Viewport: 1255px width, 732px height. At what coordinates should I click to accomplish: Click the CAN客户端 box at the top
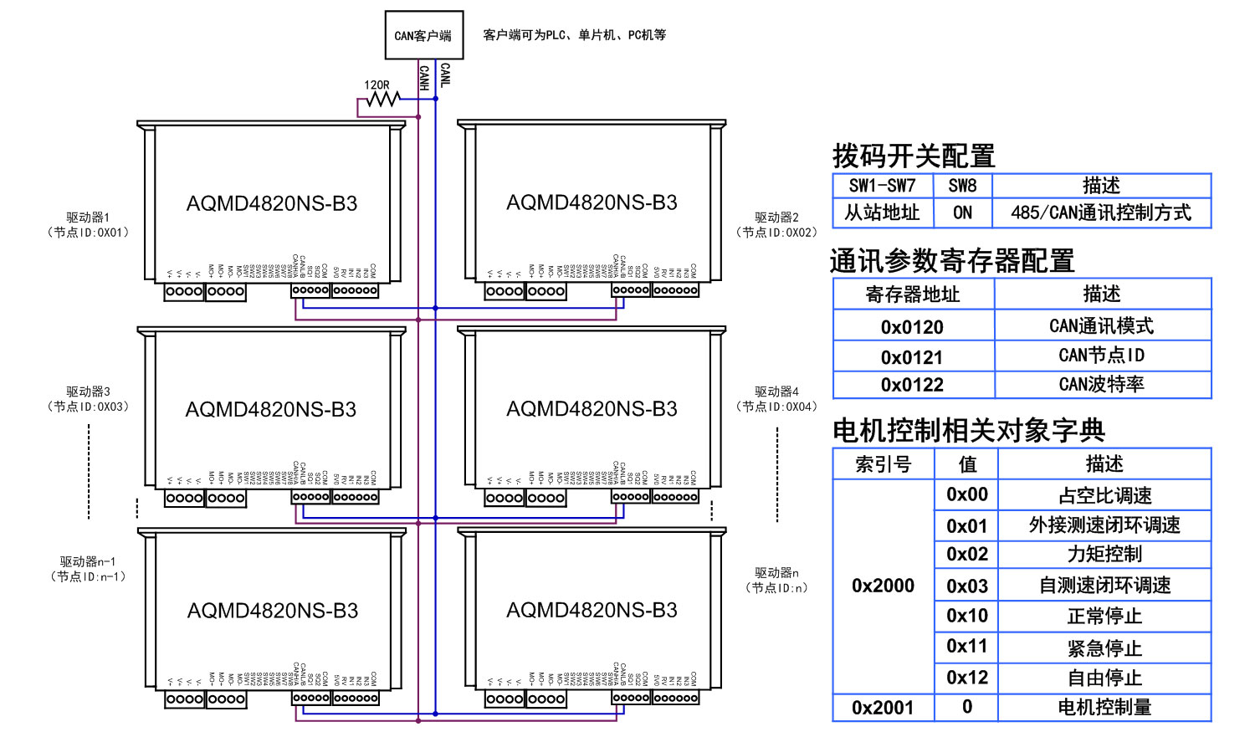[x=423, y=35]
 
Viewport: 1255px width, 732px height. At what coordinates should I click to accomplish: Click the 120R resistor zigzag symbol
[x=383, y=100]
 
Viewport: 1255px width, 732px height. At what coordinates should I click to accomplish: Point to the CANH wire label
[x=424, y=78]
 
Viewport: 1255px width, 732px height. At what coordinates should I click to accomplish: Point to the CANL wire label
[x=445, y=75]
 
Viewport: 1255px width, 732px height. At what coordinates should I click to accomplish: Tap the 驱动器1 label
[x=88, y=218]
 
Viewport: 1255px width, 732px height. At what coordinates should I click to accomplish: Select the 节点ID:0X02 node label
[x=776, y=233]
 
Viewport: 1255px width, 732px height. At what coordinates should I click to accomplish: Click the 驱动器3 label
[x=88, y=392]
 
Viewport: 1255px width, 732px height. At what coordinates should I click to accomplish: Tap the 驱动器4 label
[x=776, y=392]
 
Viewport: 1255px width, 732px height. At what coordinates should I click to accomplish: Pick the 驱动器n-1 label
[x=88, y=561]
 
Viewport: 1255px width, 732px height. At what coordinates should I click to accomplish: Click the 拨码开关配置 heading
[x=914, y=156]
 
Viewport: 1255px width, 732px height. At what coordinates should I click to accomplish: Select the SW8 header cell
[x=962, y=186]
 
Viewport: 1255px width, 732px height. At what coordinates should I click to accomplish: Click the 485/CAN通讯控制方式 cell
[x=1100, y=212]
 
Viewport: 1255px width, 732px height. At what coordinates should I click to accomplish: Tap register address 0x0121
[x=912, y=357]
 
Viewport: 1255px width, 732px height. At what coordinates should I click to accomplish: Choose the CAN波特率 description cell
[x=1101, y=384]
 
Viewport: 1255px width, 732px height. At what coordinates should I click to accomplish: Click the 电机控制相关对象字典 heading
[x=969, y=430]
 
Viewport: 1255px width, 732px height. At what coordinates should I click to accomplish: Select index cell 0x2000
[x=883, y=586]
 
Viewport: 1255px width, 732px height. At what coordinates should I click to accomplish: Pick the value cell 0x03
[x=966, y=586]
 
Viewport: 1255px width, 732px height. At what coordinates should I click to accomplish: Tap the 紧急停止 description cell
[x=1104, y=648]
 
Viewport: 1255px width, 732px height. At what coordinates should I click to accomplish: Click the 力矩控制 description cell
[x=1104, y=554]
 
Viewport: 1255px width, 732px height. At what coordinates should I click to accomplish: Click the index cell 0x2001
[x=883, y=708]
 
